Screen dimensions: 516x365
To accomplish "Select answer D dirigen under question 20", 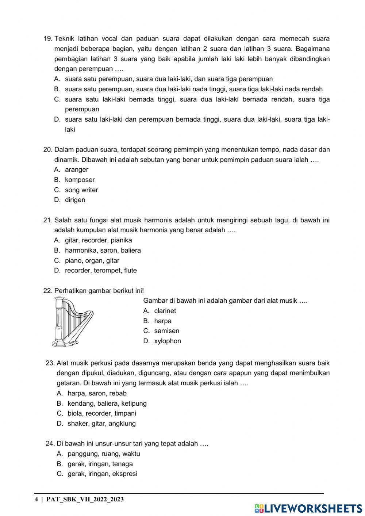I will (x=75, y=200).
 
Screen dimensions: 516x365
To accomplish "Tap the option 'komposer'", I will (x=80, y=180).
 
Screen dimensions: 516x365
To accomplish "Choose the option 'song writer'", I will (x=81, y=190).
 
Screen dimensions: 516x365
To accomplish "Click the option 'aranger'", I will (x=76, y=169).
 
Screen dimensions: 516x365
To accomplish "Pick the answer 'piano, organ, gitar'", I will (x=92, y=261).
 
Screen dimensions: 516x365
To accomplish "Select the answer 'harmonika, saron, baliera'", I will (x=103, y=251).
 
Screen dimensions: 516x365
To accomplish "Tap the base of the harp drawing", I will (x=65, y=343).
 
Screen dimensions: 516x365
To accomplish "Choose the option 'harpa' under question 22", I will (x=162, y=321).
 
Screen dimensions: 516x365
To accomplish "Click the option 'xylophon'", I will (x=167, y=341).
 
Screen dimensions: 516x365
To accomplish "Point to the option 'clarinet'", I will (x=165, y=311).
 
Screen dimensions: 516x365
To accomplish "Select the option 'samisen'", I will (x=166, y=331).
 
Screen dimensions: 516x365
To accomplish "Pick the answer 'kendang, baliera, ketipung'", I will (x=107, y=404).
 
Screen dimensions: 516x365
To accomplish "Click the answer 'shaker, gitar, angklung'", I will (x=101, y=424).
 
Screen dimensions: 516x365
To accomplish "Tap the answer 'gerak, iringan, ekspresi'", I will (x=102, y=474).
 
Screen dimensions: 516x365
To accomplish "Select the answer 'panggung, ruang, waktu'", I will (x=104, y=454).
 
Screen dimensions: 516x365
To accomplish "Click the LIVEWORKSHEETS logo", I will (x=308, y=508).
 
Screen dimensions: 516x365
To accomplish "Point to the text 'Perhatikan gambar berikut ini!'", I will (x=99, y=291).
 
